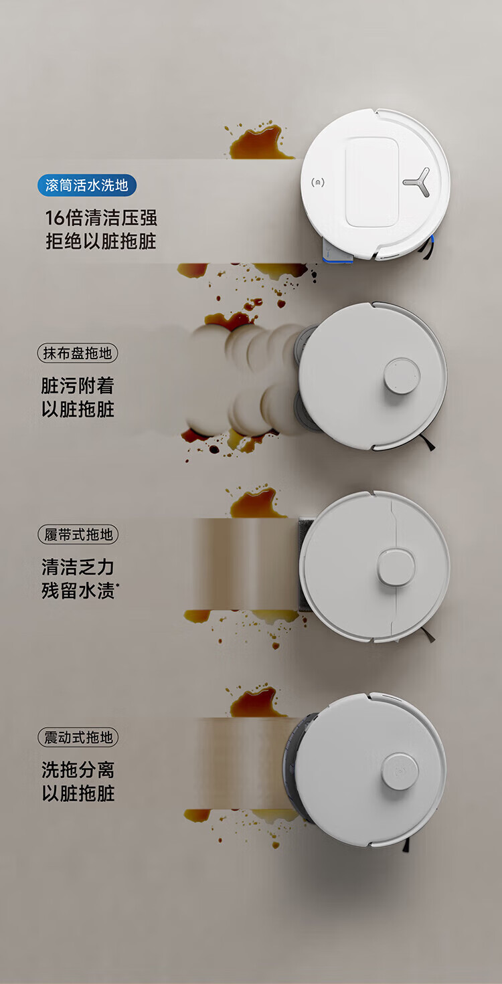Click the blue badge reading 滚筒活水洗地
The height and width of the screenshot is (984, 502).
pos(87,185)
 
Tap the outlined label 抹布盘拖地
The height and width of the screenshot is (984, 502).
pos(78,353)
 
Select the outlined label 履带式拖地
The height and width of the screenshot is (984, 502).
pos(78,534)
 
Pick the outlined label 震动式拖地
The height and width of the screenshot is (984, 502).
pos(78,738)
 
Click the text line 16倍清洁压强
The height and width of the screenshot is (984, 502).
pos(101,218)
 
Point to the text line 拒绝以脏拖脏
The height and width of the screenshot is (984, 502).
pos(101,241)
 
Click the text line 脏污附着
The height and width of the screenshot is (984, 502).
pos(78,386)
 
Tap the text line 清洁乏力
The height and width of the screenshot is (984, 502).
pos(78,567)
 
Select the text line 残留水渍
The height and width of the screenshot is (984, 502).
pos(80,591)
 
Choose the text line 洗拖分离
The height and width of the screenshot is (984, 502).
pos(78,770)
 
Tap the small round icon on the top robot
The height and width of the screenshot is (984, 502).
pos(318,182)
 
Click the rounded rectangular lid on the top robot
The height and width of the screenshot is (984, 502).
pos(372,182)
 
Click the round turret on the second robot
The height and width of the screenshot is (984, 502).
pos(402,376)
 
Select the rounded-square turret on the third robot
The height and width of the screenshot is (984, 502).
pos(396,567)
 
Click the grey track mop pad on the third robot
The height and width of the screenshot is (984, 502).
pos(305,565)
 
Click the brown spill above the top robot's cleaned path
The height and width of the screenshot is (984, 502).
pos(259,141)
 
